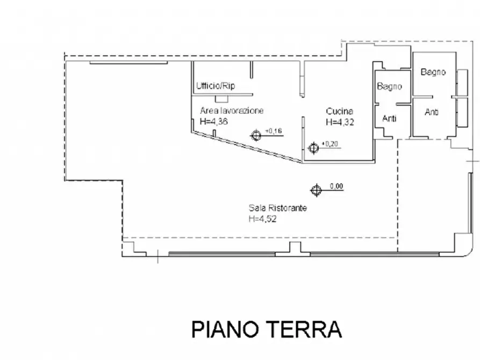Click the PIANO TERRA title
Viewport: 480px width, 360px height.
pos(267,329)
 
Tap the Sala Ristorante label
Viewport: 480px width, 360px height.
pos(278,208)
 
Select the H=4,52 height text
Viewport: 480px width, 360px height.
pos(263,219)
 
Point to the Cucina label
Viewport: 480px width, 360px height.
pos(340,111)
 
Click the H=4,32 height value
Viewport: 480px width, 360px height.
pos(340,122)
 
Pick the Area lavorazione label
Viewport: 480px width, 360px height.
pos(232,111)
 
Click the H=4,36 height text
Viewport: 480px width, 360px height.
pos(214,121)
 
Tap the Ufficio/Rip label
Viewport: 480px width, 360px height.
pos(216,86)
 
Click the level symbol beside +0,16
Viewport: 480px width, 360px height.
pos(256,135)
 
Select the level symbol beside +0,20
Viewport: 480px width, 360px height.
pos(313,148)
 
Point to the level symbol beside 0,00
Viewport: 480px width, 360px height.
pos(316,190)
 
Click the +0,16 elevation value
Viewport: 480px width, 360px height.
pos(274,131)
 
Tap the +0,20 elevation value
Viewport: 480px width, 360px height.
pos(329,144)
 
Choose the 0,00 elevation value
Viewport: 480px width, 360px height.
pos(336,186)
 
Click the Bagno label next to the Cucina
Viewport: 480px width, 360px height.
pos(389,87)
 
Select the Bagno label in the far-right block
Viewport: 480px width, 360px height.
pos(433,72)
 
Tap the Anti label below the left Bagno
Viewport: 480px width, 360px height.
pos(389,118)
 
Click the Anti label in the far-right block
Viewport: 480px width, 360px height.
pos(432,112)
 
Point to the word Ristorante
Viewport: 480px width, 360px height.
pos(288,208)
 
